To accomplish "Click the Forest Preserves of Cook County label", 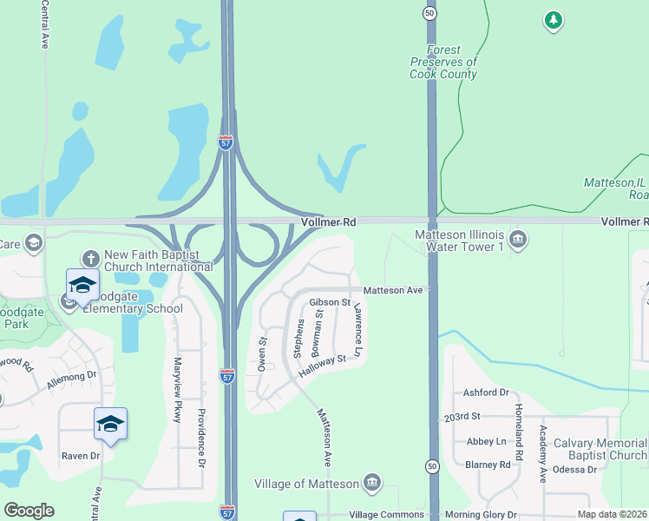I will coord(443,63).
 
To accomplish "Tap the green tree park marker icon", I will coord(553,19).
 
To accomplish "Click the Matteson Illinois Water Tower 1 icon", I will coord(518,240).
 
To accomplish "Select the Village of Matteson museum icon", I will coord(372,483).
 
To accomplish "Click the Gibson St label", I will coord(329,303).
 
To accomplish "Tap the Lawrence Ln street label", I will coord(357,332).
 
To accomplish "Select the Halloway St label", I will coord(322,366).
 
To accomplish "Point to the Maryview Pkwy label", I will coord(178,390).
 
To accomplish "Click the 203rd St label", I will coord(462,417).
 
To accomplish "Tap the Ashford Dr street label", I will coord(486,392).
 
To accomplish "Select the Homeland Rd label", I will coord(518,432).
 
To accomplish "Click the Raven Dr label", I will coord(81,456).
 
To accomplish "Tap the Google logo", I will coord(29,511).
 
